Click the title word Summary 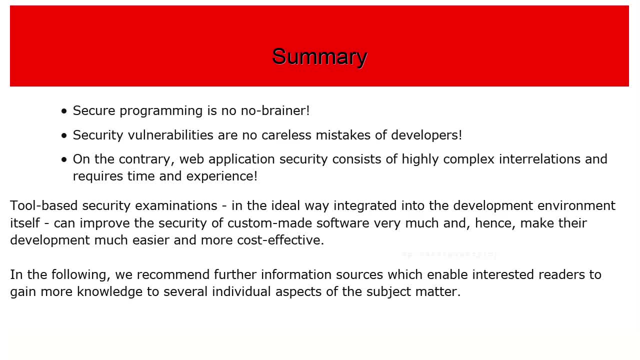click(x=319, y=57)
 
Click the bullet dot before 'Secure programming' click(x=64, y=111)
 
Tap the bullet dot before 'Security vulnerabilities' click(x=64, y=136)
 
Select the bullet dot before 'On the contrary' click(x=64, y=160)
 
